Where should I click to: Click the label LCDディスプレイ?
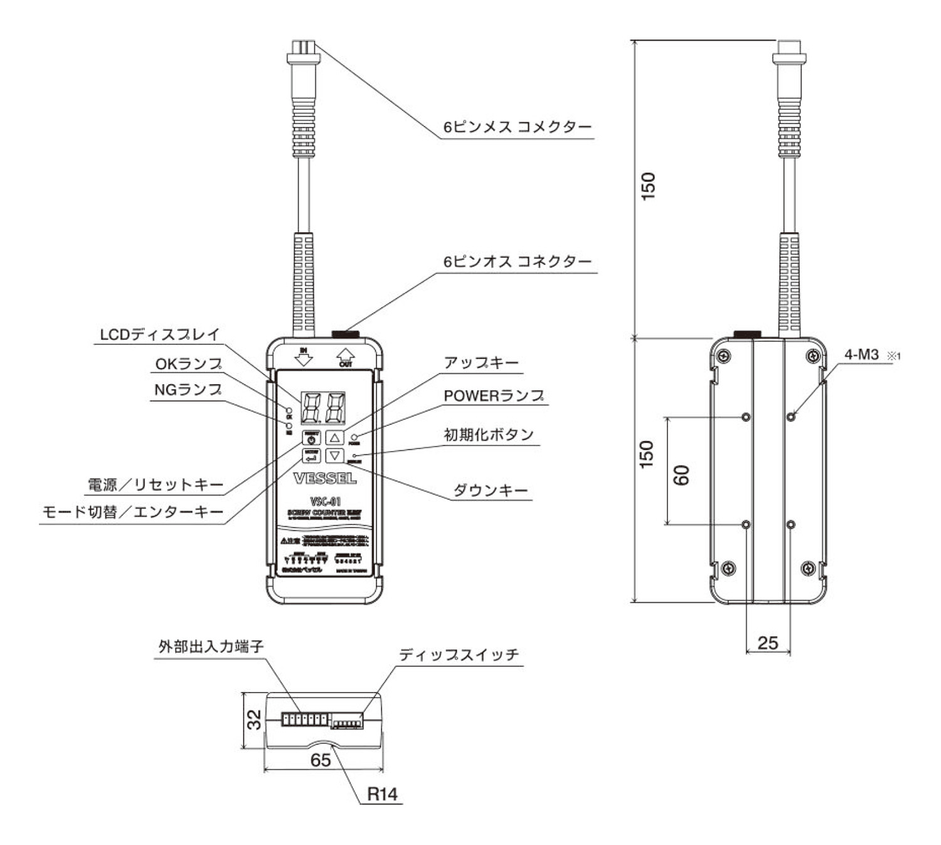click(x=160, y=335)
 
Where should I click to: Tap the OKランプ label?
click(x=189, y=364)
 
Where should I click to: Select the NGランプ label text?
click(x=188, y=390)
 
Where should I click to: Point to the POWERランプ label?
click(x=494, y=396)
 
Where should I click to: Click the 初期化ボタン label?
click(x=489, y=435)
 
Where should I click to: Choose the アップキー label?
click(x=481, y=363)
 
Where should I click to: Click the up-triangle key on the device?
click(x=335, y=437)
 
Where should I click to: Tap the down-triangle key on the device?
click(x=335, y=455)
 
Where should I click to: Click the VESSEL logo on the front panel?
click(x=325, y=479)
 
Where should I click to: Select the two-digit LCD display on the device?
click(x=324, y=408)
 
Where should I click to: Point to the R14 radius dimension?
click(x=382, y=794)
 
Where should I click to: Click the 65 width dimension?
click(x=321, y=760)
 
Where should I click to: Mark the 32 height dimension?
click(x=254, y=720)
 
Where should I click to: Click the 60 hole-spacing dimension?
click(x=682, y=475)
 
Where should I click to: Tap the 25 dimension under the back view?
click(x=768, y=643)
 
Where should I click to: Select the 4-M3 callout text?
click(x=861, y=355)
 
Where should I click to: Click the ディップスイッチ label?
click(x=459, y=656)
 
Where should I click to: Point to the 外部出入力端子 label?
click(x=211, y=647)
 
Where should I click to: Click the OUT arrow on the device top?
click(x=345, y=358)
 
